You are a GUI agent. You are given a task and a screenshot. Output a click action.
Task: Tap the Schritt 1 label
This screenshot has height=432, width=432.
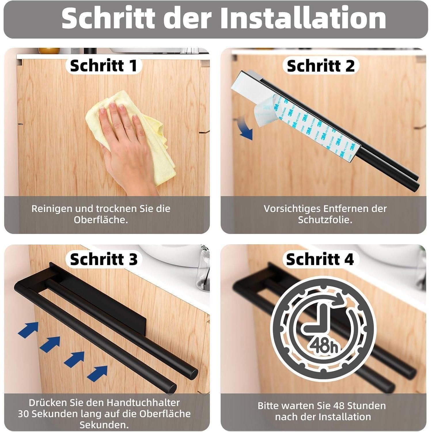[104, 66]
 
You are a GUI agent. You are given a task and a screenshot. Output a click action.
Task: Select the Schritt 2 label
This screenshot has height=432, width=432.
[321, 66]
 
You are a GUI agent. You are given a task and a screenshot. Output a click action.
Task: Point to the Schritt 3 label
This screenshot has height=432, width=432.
[104, 259]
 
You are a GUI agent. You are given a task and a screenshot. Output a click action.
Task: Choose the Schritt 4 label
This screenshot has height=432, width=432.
[320, 259]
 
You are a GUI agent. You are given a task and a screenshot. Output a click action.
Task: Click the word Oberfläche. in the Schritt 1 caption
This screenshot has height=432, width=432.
[101, 220]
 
